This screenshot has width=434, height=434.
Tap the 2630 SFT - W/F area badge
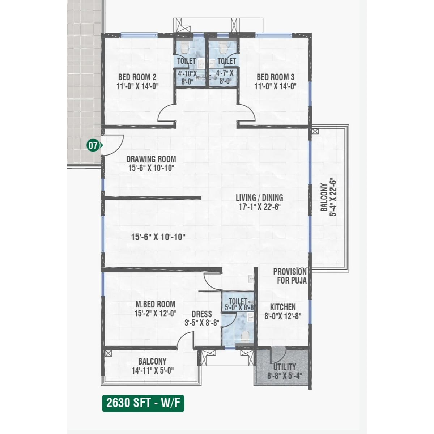click(x=143, y=403)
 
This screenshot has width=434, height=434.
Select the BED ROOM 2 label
click(x=137, y=77)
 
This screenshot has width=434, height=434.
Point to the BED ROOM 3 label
click(x=276, y=77)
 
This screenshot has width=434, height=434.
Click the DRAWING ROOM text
click(x=151, y=159)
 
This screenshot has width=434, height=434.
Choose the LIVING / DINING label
click(x=259, y=198)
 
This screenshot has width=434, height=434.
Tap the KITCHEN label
click(x=283, y=307)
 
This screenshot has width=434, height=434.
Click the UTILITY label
click(x=285, y=367)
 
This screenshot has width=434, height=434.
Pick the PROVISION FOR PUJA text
click(x=290, y=276)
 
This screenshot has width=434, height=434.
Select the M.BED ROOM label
click(x=156, y=304)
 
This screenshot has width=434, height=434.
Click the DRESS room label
click(x=202, y=314)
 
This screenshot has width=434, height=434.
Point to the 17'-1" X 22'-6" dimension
click(x=260, y=207)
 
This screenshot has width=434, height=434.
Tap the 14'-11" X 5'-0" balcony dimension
click(x=153, y=370)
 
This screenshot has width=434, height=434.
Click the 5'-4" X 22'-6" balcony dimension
click(x=333, y=198)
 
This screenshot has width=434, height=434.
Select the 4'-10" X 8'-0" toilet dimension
click(x=187, y=77)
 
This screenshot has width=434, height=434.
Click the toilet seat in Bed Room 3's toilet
click(x=223, y=47)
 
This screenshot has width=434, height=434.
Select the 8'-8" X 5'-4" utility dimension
click(x=285, y=376)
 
